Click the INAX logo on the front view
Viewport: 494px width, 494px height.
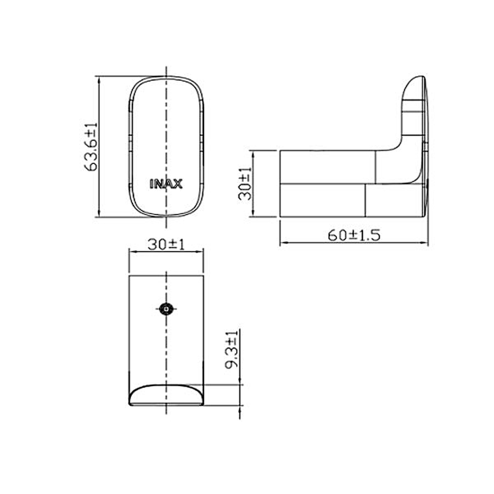tap(166, 184)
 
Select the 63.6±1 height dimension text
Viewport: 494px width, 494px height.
tap(91, 147)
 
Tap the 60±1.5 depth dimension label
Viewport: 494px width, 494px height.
tap(354, 235)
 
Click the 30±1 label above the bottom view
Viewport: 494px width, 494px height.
tap(166, 244)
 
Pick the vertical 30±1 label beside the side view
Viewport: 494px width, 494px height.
tap(245, 183)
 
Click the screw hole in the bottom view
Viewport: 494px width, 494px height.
tap(166, 309)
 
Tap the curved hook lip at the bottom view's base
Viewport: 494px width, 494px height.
tap(166, 395)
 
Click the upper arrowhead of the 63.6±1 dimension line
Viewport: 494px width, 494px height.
tap(99, 80)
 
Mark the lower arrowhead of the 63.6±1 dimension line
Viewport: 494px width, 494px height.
tap(99, 214)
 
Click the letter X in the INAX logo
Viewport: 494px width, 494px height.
tap(178, 184)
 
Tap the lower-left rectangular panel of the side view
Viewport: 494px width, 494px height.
tap(323, 200)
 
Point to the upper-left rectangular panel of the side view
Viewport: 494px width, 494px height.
tap(328, 166)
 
